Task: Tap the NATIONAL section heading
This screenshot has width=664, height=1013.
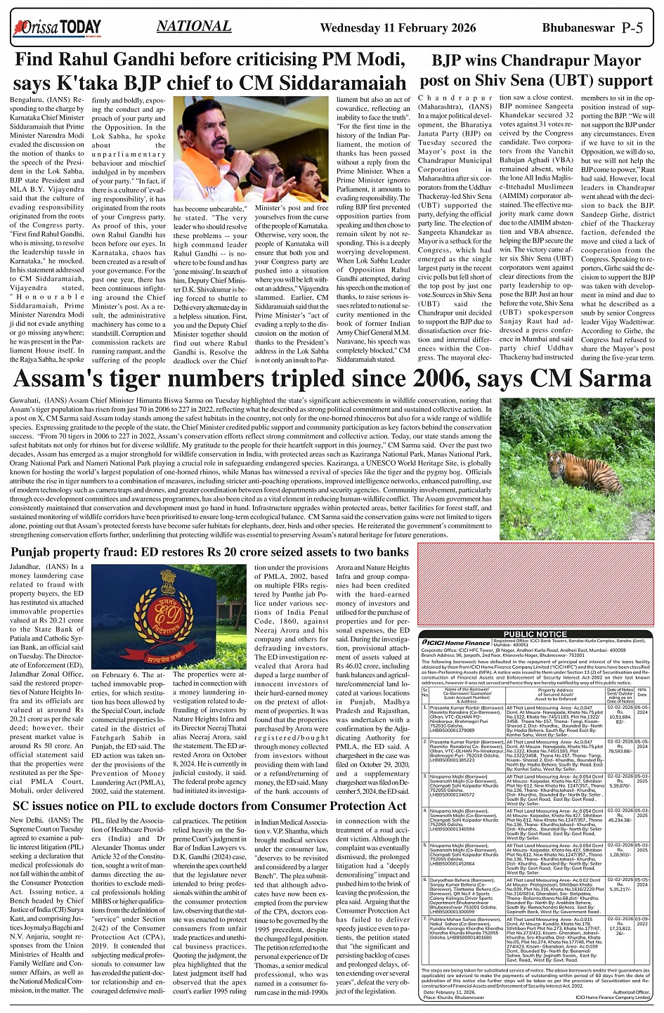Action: (194, 27)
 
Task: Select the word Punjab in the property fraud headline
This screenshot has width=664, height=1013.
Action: (35, 552)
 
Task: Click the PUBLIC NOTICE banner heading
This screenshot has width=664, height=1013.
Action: (535, 634)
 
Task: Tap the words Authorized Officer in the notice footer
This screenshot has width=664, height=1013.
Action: (631, 992)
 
